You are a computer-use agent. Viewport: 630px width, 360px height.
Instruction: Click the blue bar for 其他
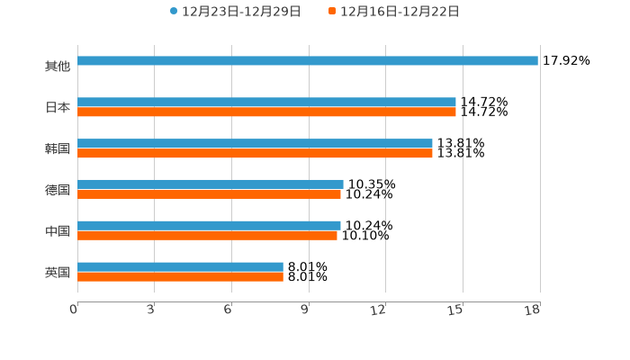tap(308, 61)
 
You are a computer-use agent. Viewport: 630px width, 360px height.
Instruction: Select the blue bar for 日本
tap(266, 103)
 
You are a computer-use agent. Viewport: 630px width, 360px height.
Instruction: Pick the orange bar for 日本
tap(266, 112)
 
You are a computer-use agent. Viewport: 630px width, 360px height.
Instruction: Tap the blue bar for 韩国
tap(255, 144)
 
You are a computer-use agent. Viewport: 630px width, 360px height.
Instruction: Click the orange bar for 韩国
tap(255, 154)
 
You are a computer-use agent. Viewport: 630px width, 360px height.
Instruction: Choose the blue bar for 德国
tap(211, 184)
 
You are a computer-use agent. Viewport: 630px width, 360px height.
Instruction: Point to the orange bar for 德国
tap(209, 193)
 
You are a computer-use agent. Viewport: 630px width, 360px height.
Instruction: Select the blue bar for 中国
tap(209, 225)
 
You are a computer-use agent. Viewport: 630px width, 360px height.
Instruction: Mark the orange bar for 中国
tap(207, 235)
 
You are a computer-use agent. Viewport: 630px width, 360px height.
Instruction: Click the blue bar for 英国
tap(180, 266)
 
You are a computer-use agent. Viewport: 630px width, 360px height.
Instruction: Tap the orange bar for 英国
tap(180, 276)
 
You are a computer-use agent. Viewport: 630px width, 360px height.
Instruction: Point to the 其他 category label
tap(58, 67)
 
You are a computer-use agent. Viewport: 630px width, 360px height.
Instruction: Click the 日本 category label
tap(58, 108)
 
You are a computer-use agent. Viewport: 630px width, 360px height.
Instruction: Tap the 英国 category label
tap(58, 272)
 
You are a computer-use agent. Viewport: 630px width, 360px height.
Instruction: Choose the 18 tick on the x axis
tap(533, 310)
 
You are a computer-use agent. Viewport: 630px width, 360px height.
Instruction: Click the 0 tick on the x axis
tap(74, 310)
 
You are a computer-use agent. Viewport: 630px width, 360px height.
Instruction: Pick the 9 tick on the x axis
tap(305, 310)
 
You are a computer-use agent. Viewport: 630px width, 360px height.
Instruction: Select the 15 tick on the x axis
tap(455, 310)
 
